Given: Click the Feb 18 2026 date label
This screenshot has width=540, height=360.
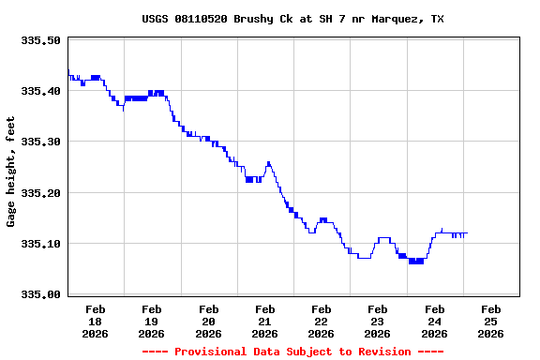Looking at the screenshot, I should coord(96,321).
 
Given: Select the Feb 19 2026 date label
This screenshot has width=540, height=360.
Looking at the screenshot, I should coord(152,321).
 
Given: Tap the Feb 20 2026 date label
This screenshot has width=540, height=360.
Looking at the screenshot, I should coord(208,321).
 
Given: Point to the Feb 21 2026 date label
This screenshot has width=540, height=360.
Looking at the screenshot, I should coord(264,321).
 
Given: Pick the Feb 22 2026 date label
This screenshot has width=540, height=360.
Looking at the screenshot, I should coord(321,321).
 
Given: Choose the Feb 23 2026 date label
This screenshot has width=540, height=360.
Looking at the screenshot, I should coord(378,321).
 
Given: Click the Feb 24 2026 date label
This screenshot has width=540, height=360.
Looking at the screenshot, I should coord(434,321).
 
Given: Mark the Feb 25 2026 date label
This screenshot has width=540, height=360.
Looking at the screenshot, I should coord(490,321).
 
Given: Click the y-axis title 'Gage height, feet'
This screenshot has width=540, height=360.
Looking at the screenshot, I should coord(11,172).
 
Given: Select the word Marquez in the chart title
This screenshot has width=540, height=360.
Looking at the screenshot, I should coord(398,19).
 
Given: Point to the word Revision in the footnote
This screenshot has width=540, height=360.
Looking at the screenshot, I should coord(379,352).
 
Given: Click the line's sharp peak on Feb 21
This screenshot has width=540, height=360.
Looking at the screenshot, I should coord(268,162).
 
